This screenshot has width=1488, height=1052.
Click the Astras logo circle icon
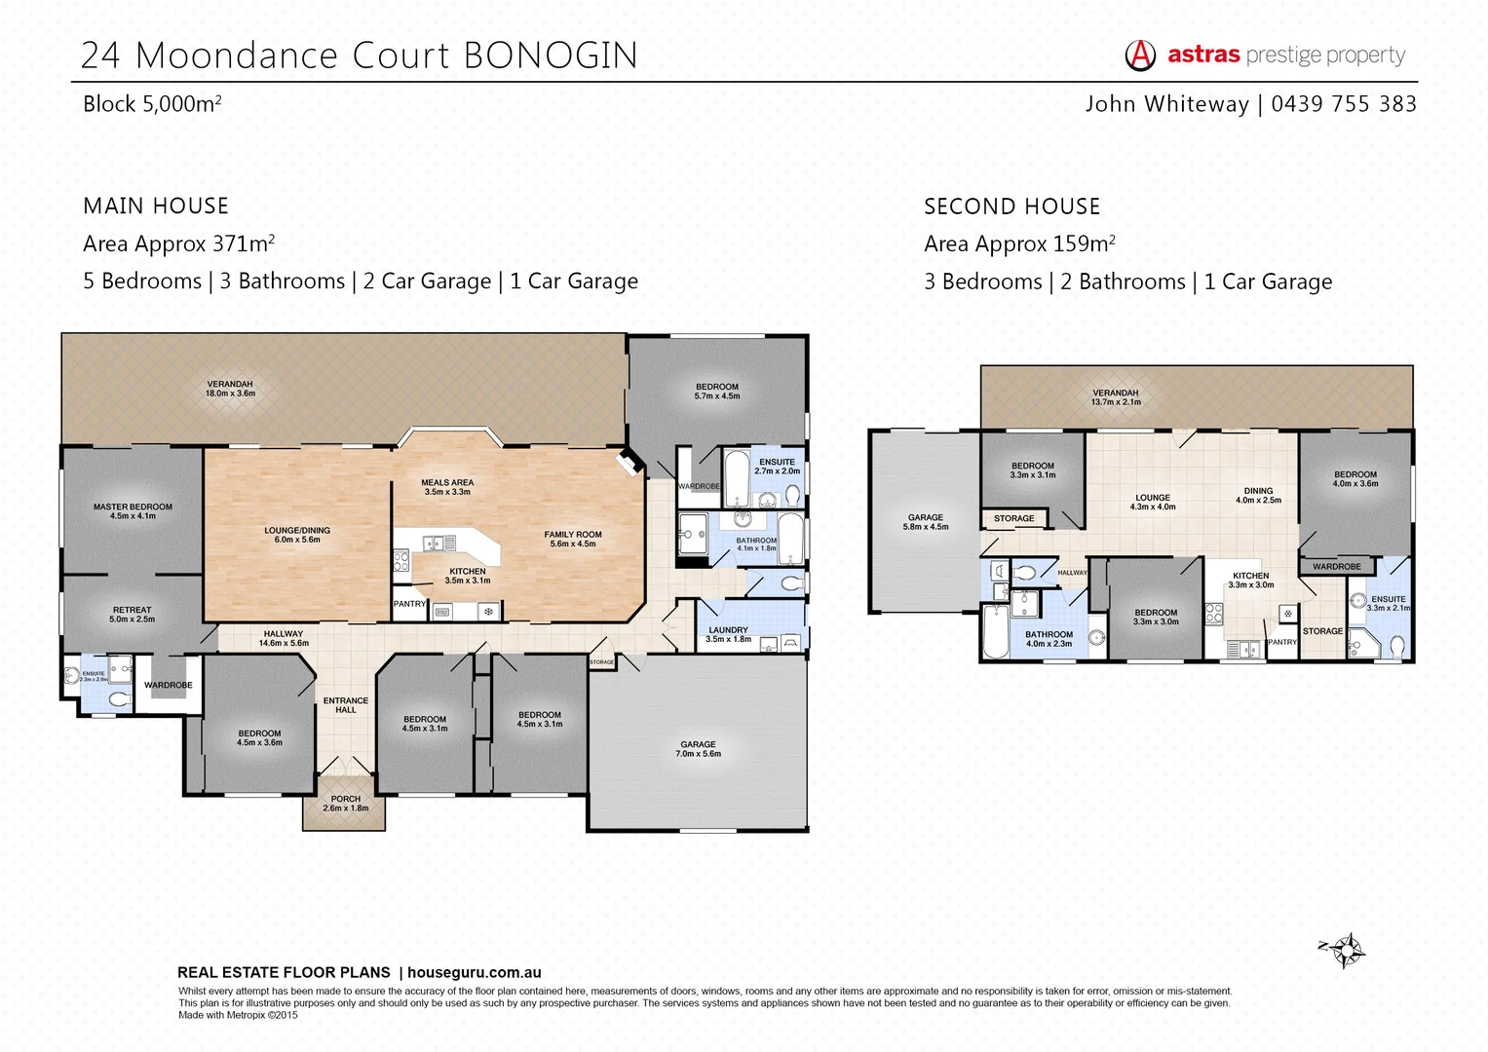(x=1140, y=56)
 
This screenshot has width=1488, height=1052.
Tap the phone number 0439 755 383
(x=1344, y=104)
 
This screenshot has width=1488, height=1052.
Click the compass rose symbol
(x=1345, y=949)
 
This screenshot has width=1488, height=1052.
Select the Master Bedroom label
(x=133, y=510)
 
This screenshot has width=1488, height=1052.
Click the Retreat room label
(x=133, y=614)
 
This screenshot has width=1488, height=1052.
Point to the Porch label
(x=346, y=803)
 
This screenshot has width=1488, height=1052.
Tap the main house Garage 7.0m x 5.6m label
(x=699, y=748)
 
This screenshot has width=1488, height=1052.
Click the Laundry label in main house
(x=728, y=634)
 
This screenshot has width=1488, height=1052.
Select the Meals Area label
(x=447, y=486)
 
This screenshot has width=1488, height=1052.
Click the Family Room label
(x=573, y=539)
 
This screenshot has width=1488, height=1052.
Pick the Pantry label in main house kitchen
(x=409, y=604)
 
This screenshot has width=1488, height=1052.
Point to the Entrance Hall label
(x=346, y=704)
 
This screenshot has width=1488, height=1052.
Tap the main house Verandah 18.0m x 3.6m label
(x=230, y=388)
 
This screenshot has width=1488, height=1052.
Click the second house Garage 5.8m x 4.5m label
(x=926, y=522)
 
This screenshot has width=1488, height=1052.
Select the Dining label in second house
(x=1258, y=495)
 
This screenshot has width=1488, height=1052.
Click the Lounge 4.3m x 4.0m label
(x=1153, y=502)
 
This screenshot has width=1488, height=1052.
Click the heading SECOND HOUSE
(x=1011, y=207)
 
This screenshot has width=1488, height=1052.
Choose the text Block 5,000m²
(x=152, y=104)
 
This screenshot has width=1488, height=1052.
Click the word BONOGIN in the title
(x=551, y=56)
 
